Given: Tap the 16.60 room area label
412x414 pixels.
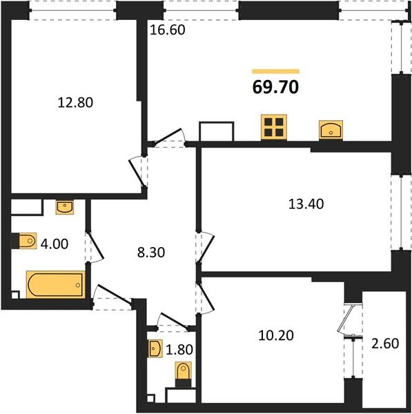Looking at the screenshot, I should [x=169, y=30].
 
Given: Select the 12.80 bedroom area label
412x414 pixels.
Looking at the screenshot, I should [x=75, y=103].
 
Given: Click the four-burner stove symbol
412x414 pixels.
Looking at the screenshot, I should [x=273, y=128].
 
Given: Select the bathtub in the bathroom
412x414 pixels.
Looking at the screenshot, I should [x=55, y=284].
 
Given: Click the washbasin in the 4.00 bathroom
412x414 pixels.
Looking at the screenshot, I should [x=65, y=206].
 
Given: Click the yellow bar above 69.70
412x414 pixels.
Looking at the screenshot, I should [x=275, y=71].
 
